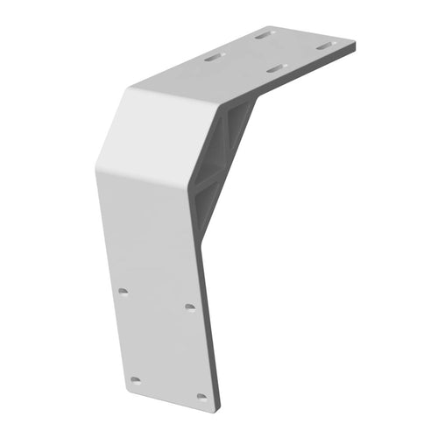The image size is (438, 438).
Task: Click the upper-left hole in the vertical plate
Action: (x=124, y=291)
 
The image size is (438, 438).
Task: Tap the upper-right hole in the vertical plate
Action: (x=190, y=307)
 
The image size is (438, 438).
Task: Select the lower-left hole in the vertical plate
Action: (x=135, y=380)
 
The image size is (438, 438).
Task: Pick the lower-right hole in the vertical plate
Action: (x=201, y=396)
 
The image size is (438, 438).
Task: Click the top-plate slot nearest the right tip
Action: (x=325, y=45)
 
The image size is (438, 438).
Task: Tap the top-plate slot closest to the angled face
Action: (x=214, y=59)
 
